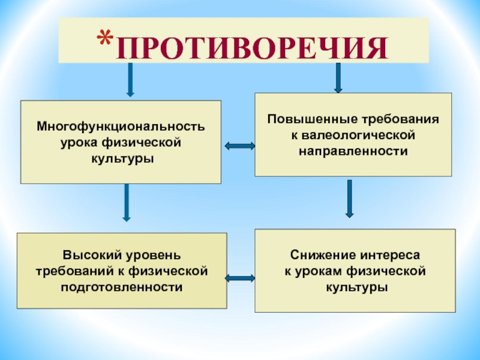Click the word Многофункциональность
tap(121, 128)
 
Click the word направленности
tap(353, 151)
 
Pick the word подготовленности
tap(121, 287)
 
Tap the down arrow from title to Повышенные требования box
tap(338, 77)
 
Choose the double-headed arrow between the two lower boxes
tap(241, 277)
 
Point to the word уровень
tap(148, 256)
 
